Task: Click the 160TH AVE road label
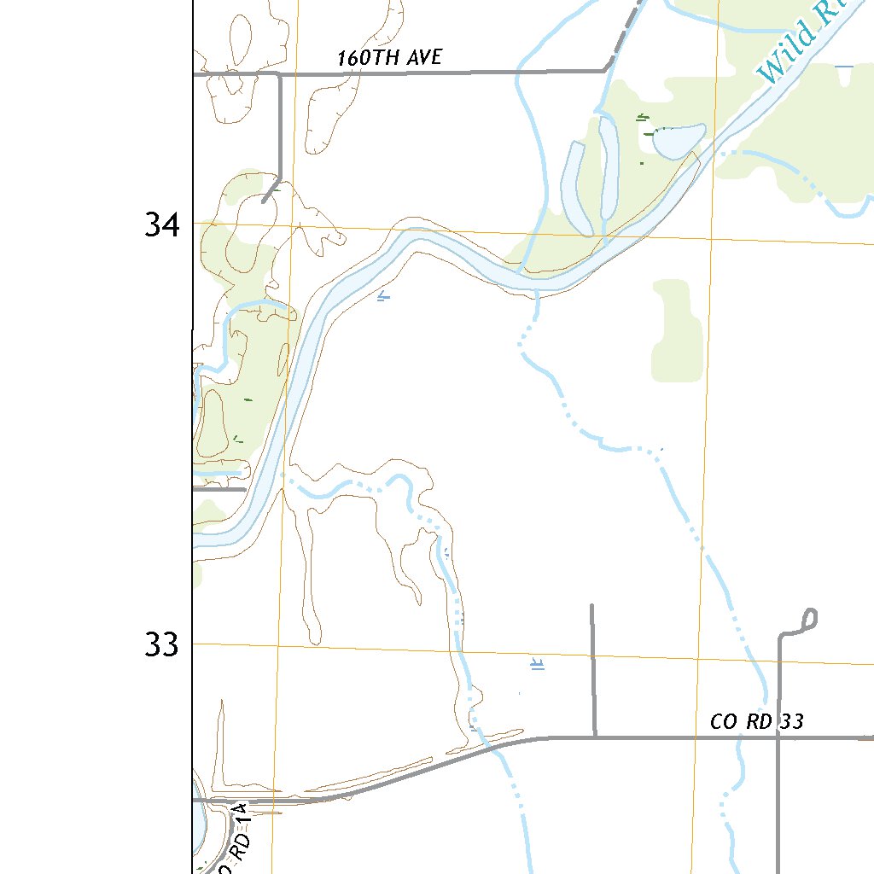tap(389, 58)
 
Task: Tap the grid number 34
tap(162, 225)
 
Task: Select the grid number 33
tap(162, 645)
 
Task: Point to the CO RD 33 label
tap(756, 722)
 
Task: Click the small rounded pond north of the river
tap(678, 140)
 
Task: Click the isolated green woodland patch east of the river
tap(678, 333)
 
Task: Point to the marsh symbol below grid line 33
tap(538, 665)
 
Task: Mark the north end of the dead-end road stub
tap(591, 606)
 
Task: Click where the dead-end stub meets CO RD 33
tap(594, 735)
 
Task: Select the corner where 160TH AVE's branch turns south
tap(280, 75)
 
